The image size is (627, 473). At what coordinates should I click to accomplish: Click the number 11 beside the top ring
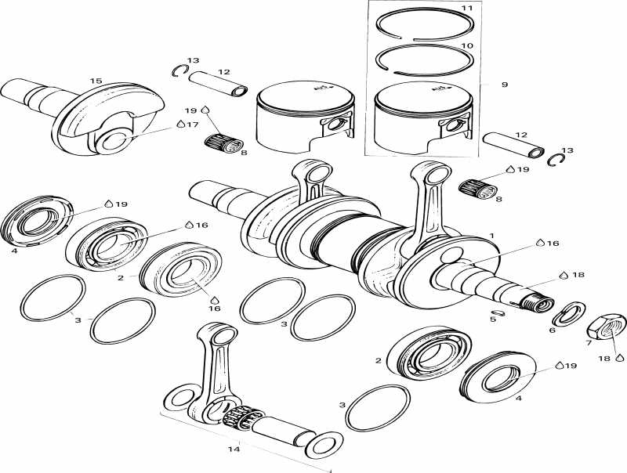click(466, 8)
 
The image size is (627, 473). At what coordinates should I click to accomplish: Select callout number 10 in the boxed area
click(466, 46)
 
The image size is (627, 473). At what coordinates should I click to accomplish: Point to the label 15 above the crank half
click(96, 81)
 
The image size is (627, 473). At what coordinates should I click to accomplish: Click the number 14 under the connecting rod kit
click(233, 450)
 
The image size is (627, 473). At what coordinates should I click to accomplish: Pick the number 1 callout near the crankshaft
click(491, 235)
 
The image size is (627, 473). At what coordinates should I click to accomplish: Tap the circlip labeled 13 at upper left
click(177, 71)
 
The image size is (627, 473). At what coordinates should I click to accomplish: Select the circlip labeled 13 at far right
click(558, 160)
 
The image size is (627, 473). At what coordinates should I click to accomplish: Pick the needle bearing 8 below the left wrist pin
click(223, 142)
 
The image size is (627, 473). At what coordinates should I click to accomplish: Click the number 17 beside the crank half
click(192, 124)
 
